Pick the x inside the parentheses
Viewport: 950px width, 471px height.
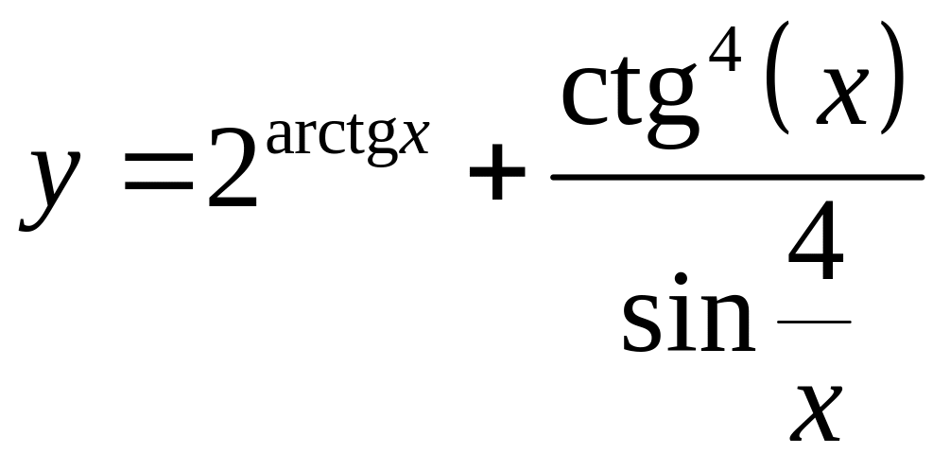(x=841, y=99)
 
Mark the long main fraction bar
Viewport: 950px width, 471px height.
(x=736, y=177)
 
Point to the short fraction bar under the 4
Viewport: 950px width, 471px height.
(x=812, y=323)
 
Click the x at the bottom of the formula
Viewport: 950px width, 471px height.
(x=814, y=414)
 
